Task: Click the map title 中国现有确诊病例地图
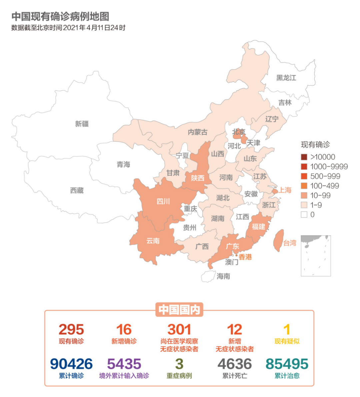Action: (60, 16)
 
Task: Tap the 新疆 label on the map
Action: (82, 124)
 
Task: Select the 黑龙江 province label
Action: (286, 78)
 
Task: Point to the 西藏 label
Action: (77, 190)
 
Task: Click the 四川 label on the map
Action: (163, 201)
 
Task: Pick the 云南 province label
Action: (153, 241)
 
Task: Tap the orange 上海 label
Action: (285, 190)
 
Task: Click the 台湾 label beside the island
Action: (289, 243)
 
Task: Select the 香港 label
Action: (245, 257)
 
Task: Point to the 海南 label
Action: (223, 276)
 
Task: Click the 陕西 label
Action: (197, 178)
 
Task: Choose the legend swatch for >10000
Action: (304, 157)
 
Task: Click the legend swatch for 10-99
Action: (304, 195)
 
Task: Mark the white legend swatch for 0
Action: (304, 215)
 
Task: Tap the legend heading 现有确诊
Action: (315, 144)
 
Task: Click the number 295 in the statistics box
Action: (71, 330)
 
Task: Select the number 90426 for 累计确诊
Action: (71, 364)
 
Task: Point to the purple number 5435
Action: (124, 364)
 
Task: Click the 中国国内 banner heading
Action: (179, 310)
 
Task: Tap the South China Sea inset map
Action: (315, 256)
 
